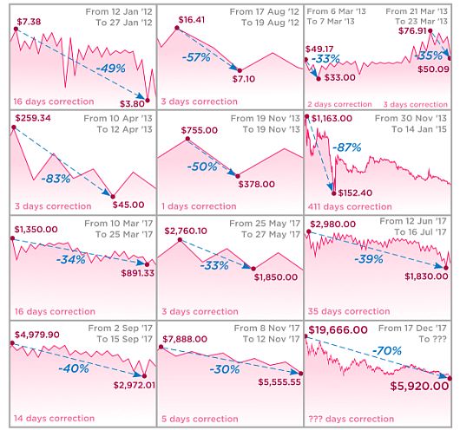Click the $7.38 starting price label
[29, 22]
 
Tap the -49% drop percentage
[110, 68]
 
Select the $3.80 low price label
[132, 104]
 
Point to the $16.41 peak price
[192, 20]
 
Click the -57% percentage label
[196, 57]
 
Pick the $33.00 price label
[340, 78]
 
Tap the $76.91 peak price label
[412, 31]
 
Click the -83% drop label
[56, 179]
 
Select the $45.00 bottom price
[128, 205]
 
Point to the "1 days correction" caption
[199, 206]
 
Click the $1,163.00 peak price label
[332, 119]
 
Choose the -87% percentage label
[347, 147]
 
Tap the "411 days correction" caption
[350, 206]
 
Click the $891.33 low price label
[138, 273]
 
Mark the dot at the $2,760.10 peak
[181, 240]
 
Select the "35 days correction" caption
[349, 311]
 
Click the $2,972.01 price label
[135, 385]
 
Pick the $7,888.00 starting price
[185, 339]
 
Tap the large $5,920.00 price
[419, 386]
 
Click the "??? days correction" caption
[352, 419]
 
